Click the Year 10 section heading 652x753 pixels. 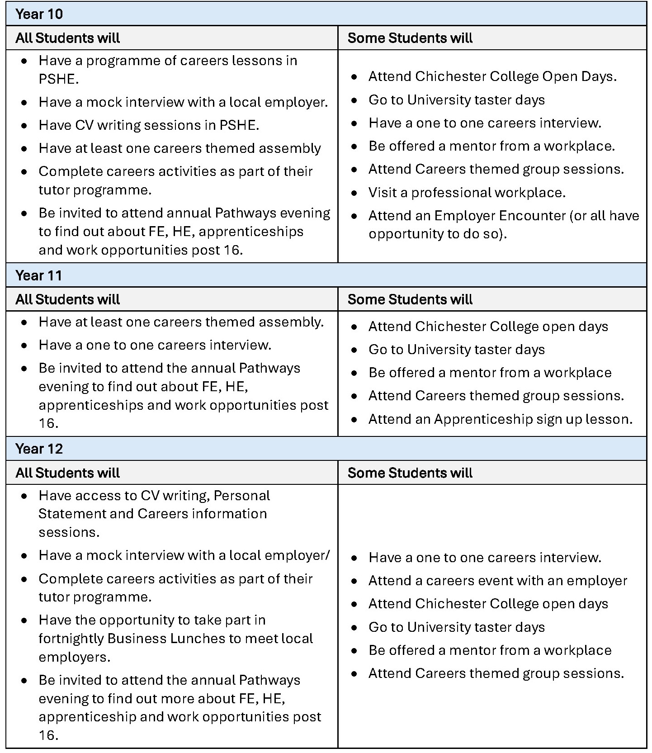click(x=39, y=14)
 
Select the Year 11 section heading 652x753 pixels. click(x=38, y=275)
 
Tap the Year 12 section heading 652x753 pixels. click(x=39, y=449)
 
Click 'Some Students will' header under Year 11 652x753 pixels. click(x=410, y=299)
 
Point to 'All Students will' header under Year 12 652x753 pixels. click(x=67, y=473)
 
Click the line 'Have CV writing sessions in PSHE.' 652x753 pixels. click(x=149, y=125)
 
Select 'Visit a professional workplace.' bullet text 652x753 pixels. click(x=467, y=193)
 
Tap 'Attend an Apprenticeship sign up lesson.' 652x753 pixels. click(x=500, y=419)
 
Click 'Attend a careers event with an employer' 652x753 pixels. click(x=497, y=581)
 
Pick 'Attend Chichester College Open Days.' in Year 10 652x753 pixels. click(x=492, y=76)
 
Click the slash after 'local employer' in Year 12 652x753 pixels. click(x=327, y=555)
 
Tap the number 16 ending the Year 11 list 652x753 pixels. click(x=48, y=423)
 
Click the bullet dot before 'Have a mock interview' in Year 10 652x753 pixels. click(x=24, y=103)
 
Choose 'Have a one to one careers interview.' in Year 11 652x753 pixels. click(x=155, y=345)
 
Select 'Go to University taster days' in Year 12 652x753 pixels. click(x=456, y=627)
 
